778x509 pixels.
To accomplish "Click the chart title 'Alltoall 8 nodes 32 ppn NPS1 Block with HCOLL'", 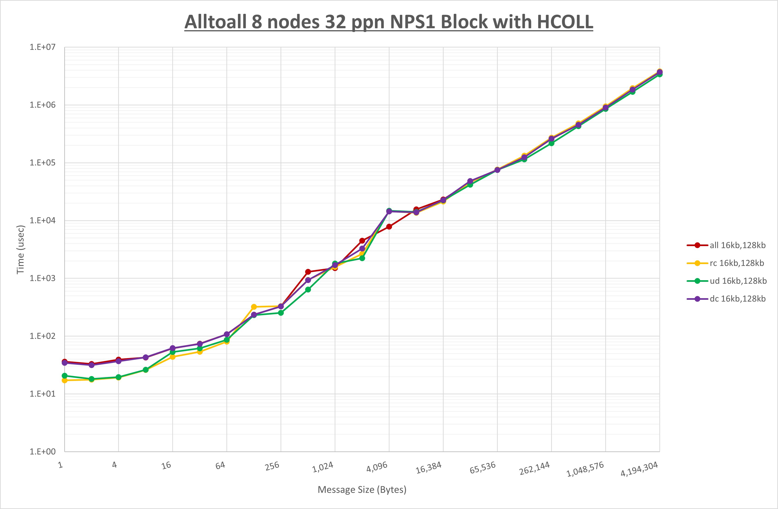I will click(x=389, y=22).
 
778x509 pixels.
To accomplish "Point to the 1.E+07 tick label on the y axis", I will click(x=43, y=47).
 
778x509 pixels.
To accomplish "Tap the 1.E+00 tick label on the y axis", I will click(x=43, y=452).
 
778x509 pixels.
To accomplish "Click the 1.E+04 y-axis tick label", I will click(x=43, y=221).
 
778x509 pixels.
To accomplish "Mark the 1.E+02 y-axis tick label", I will click(x=43, y=336).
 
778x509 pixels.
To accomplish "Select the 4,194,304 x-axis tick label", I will click(x=639, y=469).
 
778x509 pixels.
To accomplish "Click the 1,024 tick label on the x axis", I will click(x=323, y=467).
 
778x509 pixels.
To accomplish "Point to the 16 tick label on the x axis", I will click(x=166, y=465).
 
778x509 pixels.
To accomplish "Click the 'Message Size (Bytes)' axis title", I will click(x=362, y=490).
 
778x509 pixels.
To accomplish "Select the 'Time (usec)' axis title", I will click(x=20, y=249).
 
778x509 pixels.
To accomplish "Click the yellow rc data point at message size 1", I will click(x=65, y=380).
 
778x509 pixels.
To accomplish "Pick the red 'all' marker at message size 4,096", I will click(x=389, y=227).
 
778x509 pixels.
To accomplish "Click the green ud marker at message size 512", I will click(x=308, y=289).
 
